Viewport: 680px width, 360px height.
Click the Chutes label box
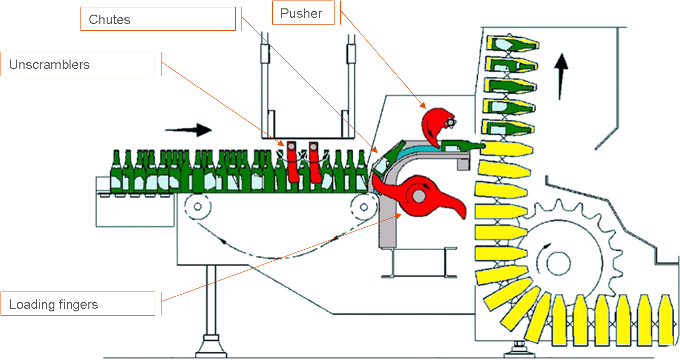[x=157, y=19]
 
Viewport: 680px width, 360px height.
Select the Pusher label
[x=303, y=13]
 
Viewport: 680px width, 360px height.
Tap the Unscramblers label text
[x=50, y=65]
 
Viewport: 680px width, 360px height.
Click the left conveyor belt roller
[x=198, y=206]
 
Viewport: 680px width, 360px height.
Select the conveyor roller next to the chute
[x=361, y=206]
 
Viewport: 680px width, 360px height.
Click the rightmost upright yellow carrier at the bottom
[x=665, y=320]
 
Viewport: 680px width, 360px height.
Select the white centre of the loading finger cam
[x=418, y=195]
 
